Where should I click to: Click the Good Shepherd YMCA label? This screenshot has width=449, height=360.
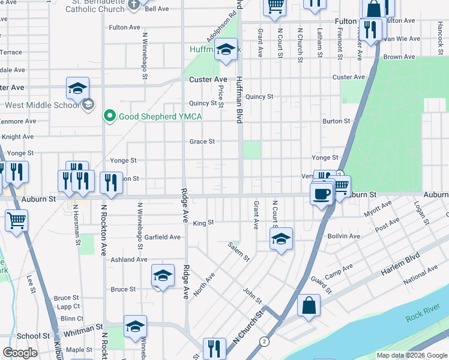160,116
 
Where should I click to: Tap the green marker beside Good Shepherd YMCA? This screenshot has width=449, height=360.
110,116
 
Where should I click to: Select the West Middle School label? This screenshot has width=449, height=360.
42,106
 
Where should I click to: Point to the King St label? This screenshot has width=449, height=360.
203,223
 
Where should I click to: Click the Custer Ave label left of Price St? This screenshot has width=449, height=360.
208,80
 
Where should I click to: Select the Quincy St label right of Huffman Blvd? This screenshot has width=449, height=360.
259,97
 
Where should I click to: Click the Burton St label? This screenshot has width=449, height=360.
336,121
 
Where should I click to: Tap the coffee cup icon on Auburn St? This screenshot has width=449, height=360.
321,194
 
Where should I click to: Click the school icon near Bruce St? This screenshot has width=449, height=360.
162,275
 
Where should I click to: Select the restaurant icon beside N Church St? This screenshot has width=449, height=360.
214,349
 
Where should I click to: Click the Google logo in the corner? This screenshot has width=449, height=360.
20,353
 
